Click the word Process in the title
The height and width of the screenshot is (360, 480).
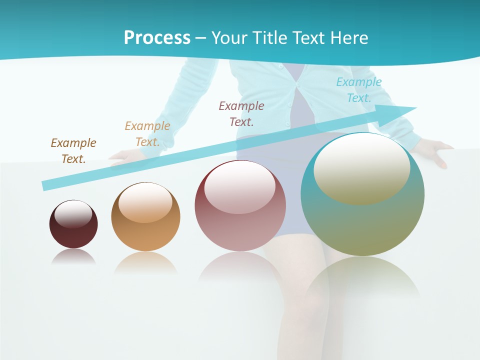point(157,38)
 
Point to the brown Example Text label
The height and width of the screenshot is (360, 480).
point(73,151)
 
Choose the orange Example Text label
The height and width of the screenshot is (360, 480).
point(147,134)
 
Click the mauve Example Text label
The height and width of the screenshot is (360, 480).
point(241,113)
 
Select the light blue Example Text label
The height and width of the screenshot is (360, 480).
point(359,90)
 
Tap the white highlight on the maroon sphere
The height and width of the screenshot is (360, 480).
point(73,213)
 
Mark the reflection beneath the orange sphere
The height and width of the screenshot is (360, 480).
point(145,262)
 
